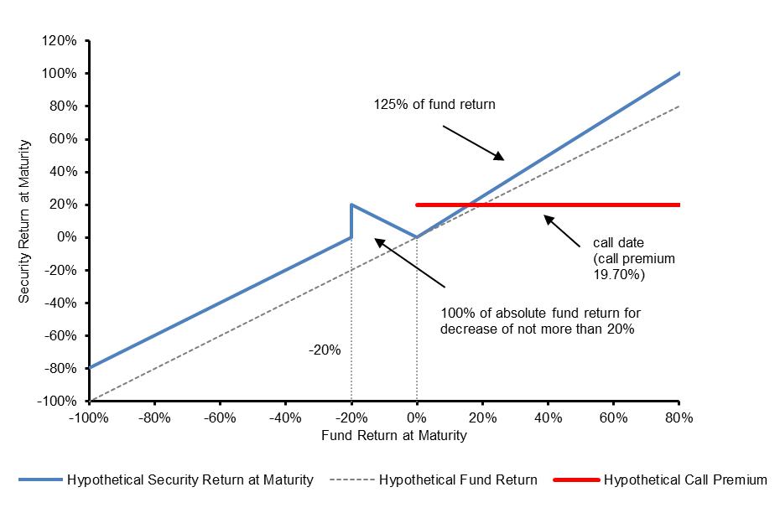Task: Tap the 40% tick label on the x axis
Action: tap(548, 417)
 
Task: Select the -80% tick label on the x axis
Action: tap(154, 417)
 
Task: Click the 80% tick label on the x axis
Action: tap(679, 417)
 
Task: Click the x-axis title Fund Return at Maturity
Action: tap(393, 436)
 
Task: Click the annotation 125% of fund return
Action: tap(434, 105)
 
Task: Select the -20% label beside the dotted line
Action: tap(325, 350)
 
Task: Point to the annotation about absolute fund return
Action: tap(540, 321)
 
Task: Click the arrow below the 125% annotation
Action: tap(474, 143)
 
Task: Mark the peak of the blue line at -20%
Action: tap(351, 205)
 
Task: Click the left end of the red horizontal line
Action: tap(418, 205)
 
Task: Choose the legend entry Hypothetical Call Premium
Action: tap(685, 480)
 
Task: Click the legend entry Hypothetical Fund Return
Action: tap(458, 480)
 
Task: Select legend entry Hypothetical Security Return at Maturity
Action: tap(190, 480)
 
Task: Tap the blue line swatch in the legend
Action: tap(39, 480)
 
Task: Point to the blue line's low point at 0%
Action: tap(417, 237)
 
